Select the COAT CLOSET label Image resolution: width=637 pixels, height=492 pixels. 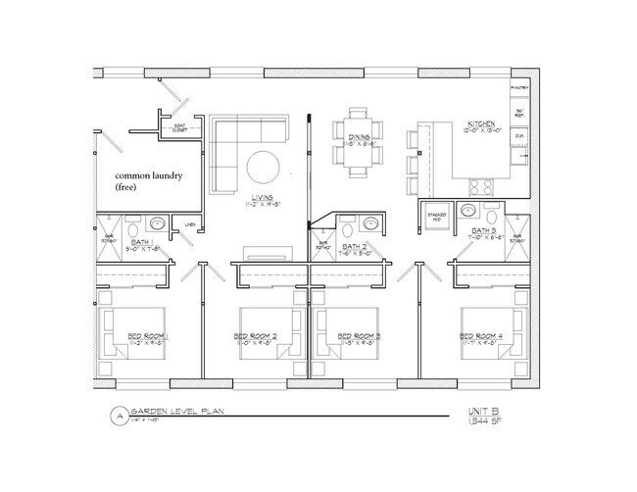coord(179,127)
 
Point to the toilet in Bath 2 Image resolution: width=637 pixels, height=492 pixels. coord(347,230)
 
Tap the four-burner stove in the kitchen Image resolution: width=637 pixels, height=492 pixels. coord(481,186)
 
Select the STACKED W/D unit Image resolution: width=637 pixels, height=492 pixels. coord(433,216)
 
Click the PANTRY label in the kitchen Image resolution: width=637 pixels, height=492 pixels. coord(519,88)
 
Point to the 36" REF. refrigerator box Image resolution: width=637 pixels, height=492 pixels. coord(520,113)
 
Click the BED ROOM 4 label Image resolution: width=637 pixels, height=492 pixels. coord(480,336)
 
